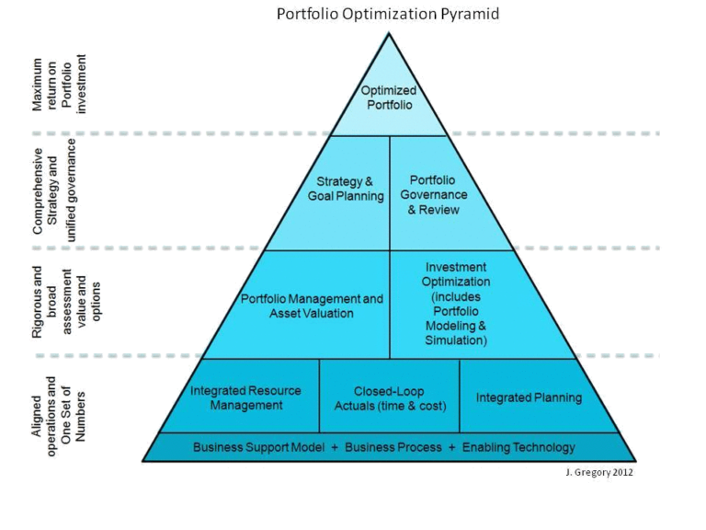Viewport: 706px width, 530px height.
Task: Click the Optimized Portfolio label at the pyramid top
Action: tap(389, 98)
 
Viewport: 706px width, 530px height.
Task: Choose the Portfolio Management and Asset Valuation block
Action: tap(312, 306)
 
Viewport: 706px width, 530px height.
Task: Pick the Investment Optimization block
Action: tap(457, 304)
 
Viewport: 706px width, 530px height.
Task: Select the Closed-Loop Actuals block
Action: tap(389, 397)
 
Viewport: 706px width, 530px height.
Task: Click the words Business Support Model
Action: tap(258, 448)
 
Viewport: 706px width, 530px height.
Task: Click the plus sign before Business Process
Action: tap(335, 448)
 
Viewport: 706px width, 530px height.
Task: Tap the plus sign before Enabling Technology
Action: tap(450, 448)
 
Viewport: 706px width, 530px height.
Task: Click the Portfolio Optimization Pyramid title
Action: tap(389, 16)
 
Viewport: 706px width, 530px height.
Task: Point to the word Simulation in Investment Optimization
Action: tap(457, 340)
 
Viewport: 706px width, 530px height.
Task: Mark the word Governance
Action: tap(434, 195)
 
